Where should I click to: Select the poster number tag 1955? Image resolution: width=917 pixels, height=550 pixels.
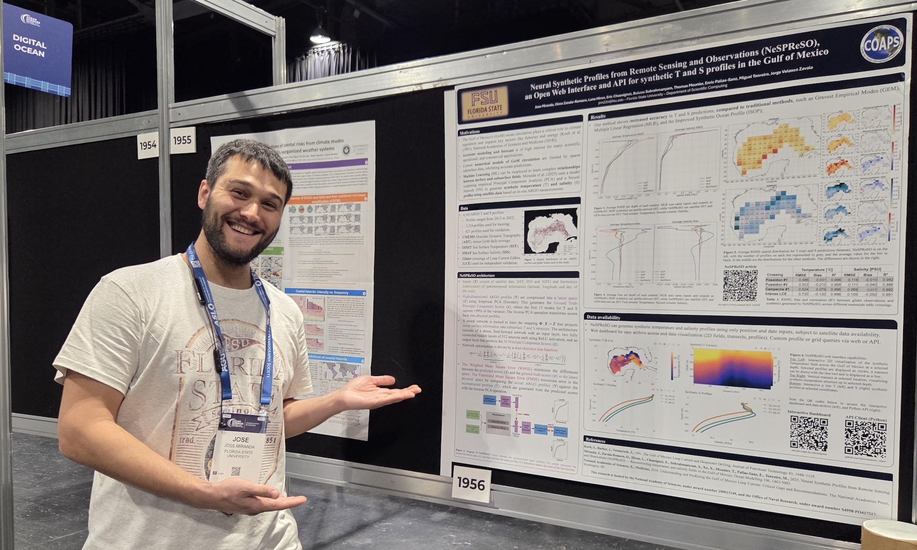(182, 140)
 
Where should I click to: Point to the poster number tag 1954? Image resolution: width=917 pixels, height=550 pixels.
(148, 144)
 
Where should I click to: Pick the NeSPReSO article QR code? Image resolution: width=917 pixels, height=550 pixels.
(740, 285)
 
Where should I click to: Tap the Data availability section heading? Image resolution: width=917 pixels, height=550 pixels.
(604, 317)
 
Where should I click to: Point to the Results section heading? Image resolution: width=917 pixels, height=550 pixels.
(598, 116)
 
